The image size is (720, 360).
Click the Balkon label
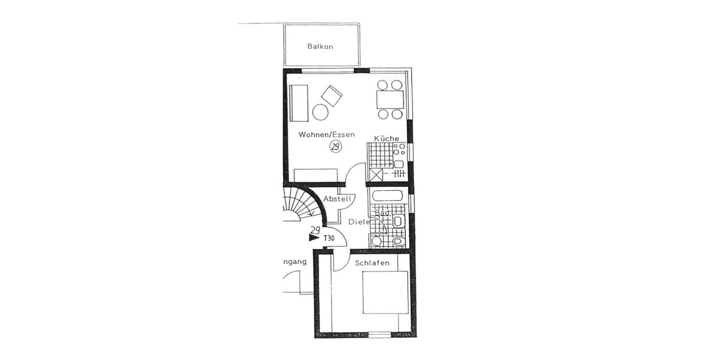pos(320,46)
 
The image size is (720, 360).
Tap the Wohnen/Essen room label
pos(326,134)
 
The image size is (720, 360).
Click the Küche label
pos(386,139)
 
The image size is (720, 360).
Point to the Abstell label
pos(337,199)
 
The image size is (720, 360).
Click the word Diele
pos(359,222)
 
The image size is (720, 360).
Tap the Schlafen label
pos(372,263)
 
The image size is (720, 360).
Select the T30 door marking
pos(329,238)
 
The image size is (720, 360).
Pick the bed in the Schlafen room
pos(385,292)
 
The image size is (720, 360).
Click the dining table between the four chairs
pos(389,99)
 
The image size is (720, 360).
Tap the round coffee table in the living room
pos(320,112)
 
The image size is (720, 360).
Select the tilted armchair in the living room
pos(331,95)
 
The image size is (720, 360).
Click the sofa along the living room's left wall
pos(298,103)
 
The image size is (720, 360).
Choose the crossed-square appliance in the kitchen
pos(377,175)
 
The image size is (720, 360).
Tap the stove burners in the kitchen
pos(400,149)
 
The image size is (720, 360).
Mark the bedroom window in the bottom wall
pos(377,334)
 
